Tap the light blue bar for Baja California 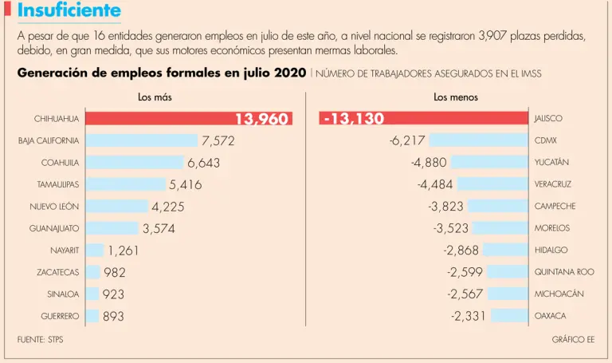pos(141,140)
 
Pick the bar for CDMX pos(479,140)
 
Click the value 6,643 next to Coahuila pos(203,163)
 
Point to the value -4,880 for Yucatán pos(429,163)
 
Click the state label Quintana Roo pos(564,272)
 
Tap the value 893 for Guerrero pos(114,316)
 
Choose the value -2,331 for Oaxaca pos(468,316)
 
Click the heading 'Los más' pos(155,97)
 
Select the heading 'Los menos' pos(456,97)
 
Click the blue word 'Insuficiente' pos(69,11)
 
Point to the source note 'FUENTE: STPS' pos(40,340)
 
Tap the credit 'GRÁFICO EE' pos(573,340)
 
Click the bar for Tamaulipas pos(125,184)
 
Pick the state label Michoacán pos(559,294)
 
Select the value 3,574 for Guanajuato pos(159,229)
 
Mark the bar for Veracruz pos(486,184)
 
